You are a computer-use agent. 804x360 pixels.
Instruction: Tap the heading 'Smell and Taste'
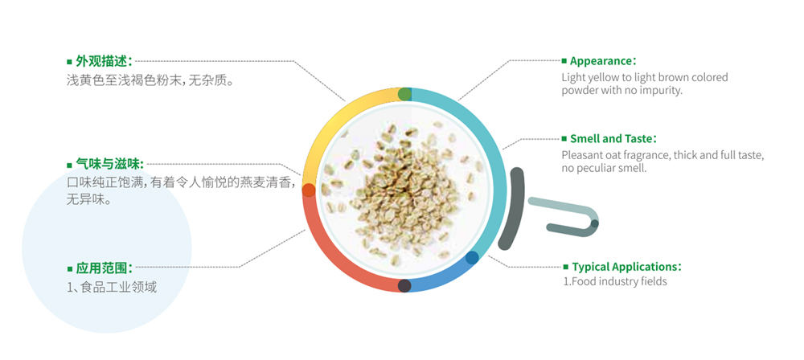[613, 138]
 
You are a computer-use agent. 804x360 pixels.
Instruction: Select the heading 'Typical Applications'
[626, 267]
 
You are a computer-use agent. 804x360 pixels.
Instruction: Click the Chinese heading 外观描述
[104, 62]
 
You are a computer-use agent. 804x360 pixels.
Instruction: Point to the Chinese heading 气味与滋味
[109, 164]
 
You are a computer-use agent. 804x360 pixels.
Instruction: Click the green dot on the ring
[404, 94]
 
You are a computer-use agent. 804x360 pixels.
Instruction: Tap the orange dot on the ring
[309, 190]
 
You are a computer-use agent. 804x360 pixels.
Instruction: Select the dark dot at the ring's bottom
[404, 285]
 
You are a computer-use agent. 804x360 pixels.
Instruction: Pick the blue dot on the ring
[472, 257]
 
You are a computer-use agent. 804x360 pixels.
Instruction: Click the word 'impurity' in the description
[662, 91]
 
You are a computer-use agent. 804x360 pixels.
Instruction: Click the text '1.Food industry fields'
[615, 281]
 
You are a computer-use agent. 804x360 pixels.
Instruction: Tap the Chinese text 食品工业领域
[118, 287]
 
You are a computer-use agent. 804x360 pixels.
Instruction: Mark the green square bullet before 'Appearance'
[564, 61]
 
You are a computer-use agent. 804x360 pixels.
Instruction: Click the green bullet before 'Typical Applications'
[566, 267]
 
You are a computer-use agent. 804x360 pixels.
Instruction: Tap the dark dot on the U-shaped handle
[594, 223]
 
